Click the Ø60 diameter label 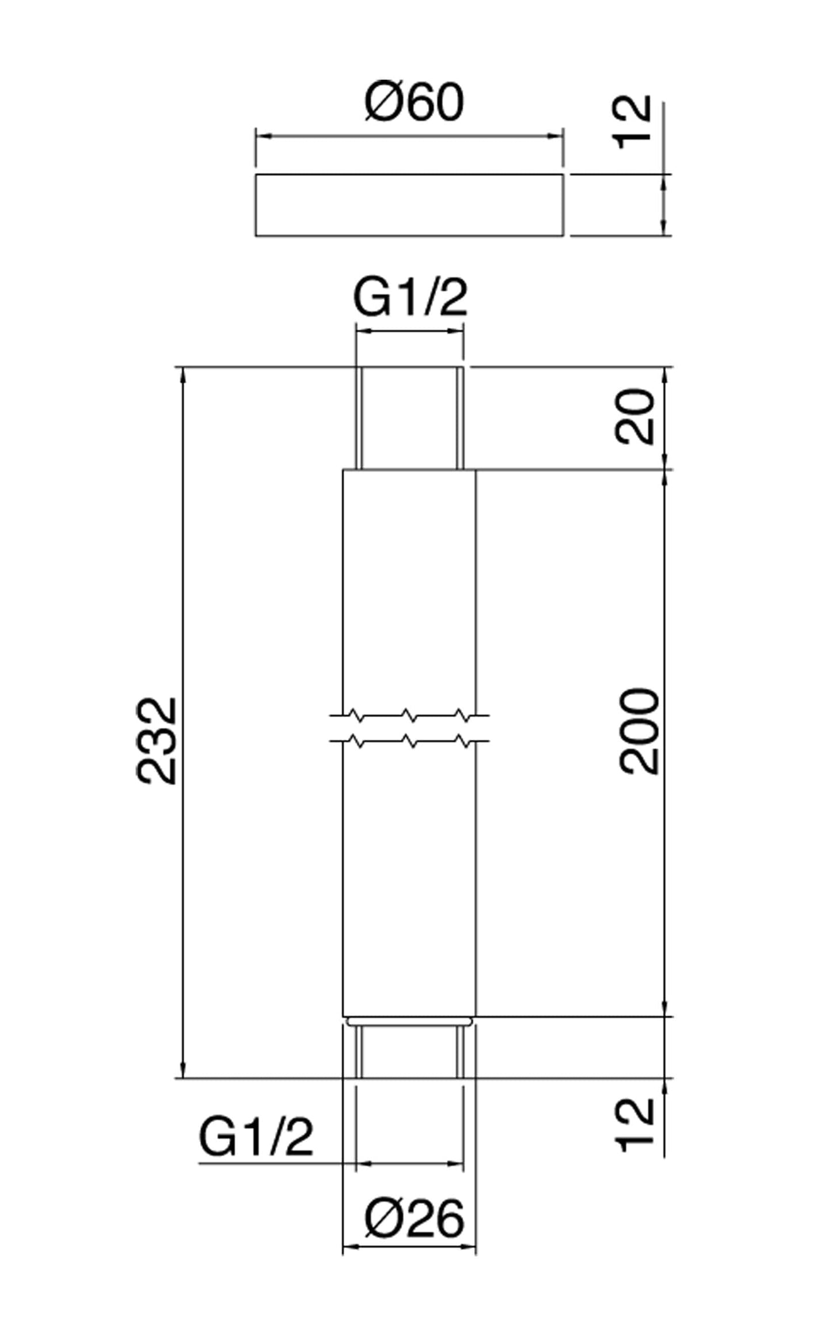pos(414,102)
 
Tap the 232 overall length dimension pos(156,741)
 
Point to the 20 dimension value pos(635,417)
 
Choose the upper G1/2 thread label pos(410,298)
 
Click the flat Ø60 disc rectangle pos(409,204)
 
